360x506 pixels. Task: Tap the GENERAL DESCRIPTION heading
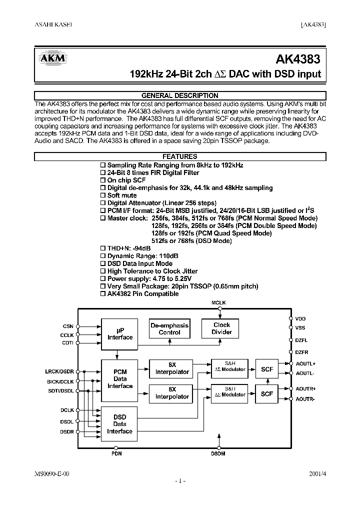[180, 95]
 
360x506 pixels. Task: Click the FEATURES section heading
[180, 156]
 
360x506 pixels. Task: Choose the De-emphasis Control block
[169, 328]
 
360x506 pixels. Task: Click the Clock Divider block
[221, 328]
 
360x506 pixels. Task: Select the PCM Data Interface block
[120, 378]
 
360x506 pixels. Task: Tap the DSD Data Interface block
[120, 424]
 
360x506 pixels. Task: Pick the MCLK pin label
[219, 303]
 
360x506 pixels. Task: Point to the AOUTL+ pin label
[305, 363]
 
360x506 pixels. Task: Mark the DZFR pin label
[301, 352]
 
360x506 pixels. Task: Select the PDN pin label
[116, 454]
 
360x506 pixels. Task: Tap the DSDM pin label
[218, 454]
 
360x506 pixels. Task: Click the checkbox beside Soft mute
[103, 195]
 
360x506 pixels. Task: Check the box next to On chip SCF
[103, 180]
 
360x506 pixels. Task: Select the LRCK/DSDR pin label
[59, 371]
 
